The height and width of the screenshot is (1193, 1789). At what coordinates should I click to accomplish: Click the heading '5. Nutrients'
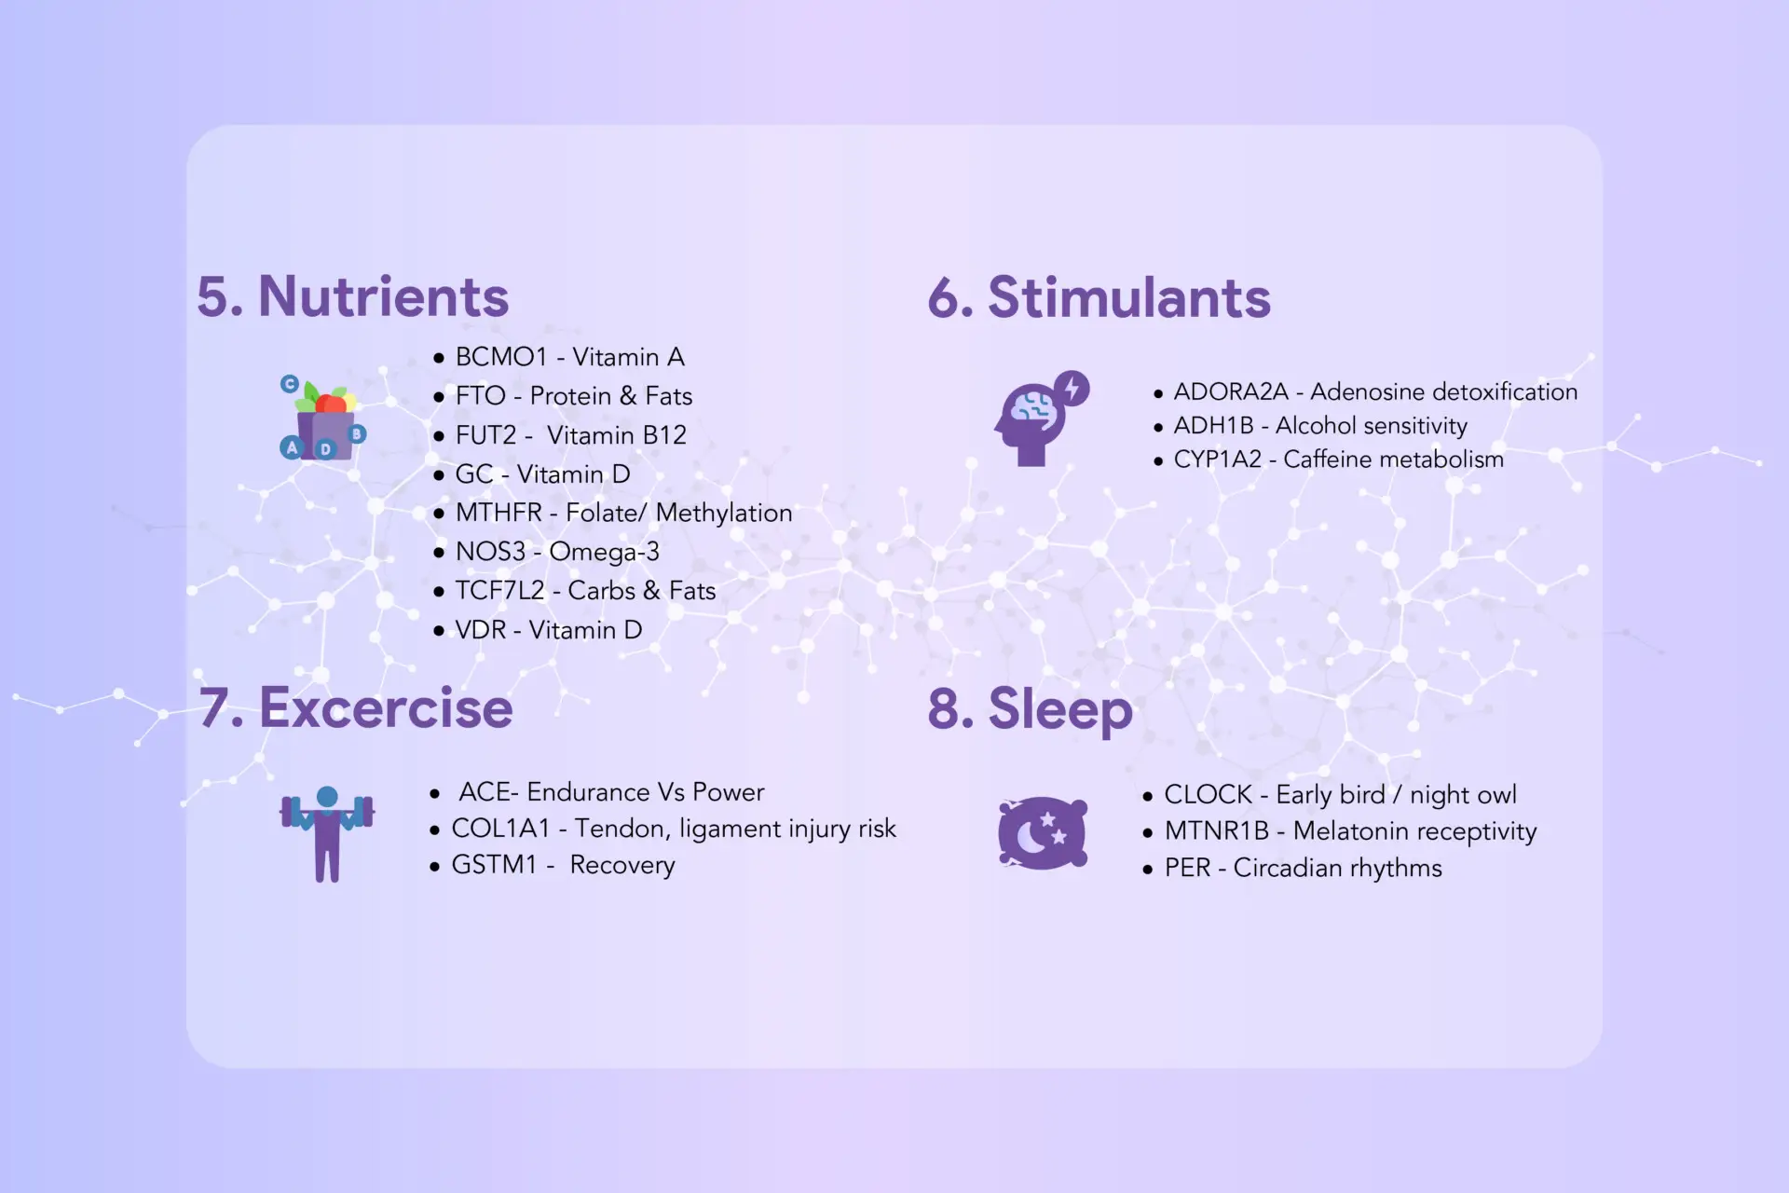coord(353,296)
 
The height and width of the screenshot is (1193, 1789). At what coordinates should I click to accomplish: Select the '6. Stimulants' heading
coord(1099,297)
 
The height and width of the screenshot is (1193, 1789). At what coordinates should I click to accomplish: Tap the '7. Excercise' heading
coord(356,707)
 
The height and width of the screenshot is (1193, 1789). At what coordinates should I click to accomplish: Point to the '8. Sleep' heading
coord(1031,709)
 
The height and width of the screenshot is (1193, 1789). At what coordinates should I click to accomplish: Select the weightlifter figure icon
coord(327,834)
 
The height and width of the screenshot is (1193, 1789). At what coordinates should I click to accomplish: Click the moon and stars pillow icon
coord(1043,833)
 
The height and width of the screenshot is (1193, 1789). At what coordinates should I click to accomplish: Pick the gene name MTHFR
coord(498,513)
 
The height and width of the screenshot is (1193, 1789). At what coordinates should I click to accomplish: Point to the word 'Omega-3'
coord(605,552)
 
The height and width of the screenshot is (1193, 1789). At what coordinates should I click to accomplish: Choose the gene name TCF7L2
coord(499,591)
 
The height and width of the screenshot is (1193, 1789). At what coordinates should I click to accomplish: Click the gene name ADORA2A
coord(1231,391)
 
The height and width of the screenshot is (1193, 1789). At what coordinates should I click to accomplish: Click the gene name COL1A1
coord(501,829)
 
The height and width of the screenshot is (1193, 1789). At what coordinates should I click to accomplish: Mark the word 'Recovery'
coord(622,866)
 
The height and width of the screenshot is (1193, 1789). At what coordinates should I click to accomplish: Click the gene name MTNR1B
coord(1217,831)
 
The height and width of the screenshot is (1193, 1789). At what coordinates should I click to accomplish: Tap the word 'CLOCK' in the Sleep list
coord(1209,795)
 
